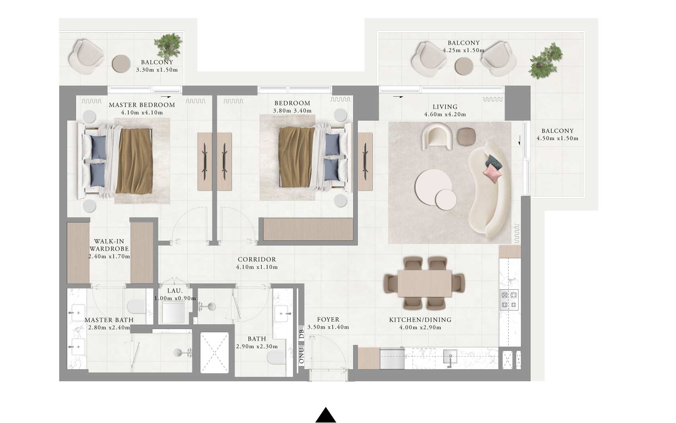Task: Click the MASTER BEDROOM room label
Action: pyautogui.click(x=142, y=105)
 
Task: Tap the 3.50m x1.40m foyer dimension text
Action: pyautogui.click(x=328, y=327)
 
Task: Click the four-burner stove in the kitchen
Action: pyautogui.click(x=509, y=300)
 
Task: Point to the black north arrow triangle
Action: pyautogui.click(x=326, y=415)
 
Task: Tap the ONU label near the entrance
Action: pyautogui.click(x=301, y=356)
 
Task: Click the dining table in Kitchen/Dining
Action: pyautogui.click(x=424, y=283)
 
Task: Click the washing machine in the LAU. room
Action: pyautogui.click(x=174, y=312)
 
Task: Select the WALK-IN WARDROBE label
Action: pyautogui.click(x=109, y=245)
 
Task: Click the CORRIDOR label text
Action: pyautogui.click(x=256, y=259)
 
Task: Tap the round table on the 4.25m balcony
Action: pyautogui.click(x=463, y=66)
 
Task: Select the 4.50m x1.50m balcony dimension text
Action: pyautogui.click(x=557, y=138)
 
